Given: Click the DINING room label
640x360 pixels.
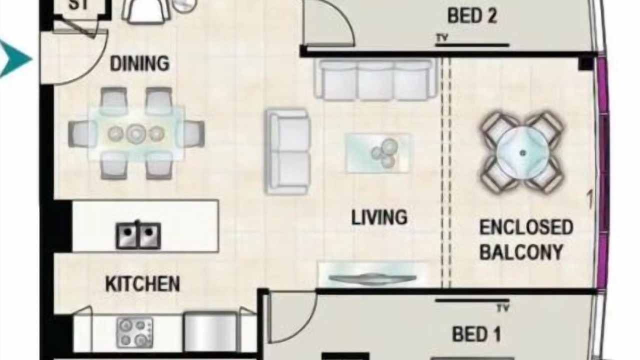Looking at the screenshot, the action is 139,63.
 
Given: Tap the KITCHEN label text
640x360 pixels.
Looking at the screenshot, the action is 142,283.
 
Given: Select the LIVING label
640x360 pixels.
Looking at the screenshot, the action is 379,217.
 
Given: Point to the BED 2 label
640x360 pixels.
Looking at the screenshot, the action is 472,15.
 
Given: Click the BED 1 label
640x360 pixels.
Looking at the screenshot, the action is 476,334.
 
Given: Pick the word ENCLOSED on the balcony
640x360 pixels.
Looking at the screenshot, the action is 526,227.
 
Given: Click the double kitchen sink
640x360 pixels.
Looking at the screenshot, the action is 138,235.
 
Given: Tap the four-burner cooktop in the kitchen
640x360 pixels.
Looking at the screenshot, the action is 134,332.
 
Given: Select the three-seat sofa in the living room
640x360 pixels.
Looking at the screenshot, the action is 375,79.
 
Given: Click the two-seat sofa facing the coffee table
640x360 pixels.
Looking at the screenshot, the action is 287,151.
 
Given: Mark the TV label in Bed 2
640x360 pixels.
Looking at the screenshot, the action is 441,37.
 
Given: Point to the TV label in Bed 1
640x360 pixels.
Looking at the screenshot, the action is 503,308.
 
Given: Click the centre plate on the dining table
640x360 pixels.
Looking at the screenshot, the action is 136,133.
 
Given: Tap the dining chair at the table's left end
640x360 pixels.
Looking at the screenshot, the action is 82,133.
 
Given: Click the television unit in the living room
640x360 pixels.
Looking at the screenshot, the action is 373,274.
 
